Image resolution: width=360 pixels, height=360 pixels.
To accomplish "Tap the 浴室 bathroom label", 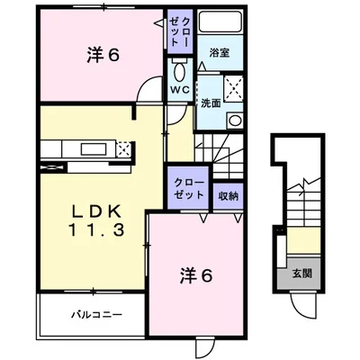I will pyautogui.click(x=220, y=52).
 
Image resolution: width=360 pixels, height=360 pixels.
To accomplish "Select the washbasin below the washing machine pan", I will pyautogui.click(x=235, y=120).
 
